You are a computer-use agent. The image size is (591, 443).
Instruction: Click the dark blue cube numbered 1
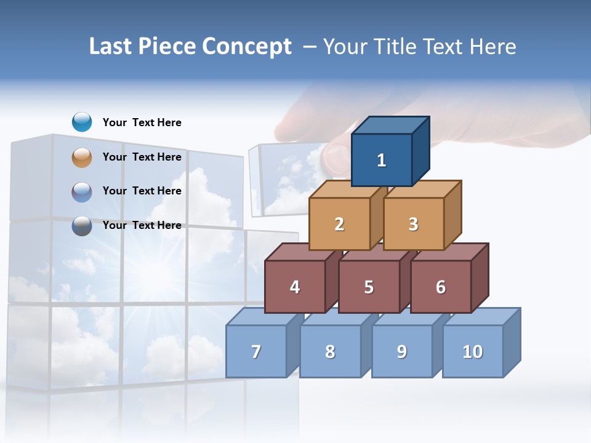(x=382, y=160)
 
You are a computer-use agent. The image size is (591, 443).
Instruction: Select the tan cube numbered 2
(x=339, y=224)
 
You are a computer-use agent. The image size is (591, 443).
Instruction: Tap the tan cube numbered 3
(x=413, y=224)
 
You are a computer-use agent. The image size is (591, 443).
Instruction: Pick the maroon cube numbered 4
(x=295, y=287)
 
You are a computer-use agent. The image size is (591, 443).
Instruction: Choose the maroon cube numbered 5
(x=369, y=287)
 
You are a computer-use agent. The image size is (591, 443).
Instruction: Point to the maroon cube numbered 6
(x=441, y=287)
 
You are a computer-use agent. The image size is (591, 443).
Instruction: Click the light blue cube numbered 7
(x=256, y=351)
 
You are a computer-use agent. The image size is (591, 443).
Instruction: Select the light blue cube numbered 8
(x=330, y=351)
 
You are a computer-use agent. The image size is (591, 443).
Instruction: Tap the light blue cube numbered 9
(x=401, y=351)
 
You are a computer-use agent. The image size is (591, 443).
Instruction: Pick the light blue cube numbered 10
(x=473, y=351)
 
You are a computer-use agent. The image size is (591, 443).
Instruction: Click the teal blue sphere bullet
(x=82, y=122)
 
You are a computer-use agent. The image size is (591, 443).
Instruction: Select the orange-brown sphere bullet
(x=82, y=158)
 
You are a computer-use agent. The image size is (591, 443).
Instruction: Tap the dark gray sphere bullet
(x=82, y=226)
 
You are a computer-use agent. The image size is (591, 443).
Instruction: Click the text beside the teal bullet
(x=142, y=122)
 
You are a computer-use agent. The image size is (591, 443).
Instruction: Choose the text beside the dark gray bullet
(x=142, y=225)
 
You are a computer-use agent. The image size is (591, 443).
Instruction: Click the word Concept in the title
(x=247, y=47)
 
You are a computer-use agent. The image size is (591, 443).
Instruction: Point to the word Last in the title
(x=111, y=47)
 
